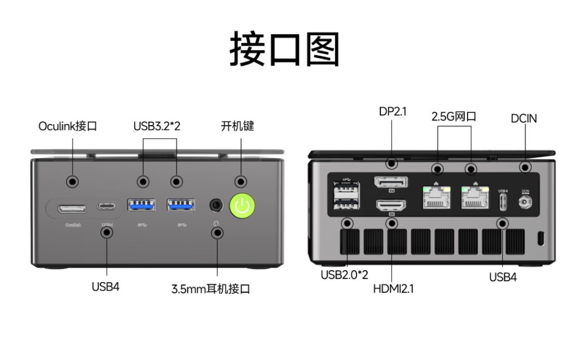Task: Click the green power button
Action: tap(242, 206)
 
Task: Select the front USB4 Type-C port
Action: tap(107, 206)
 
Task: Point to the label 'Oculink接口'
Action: tap(67, 126)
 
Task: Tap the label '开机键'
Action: tap(237, 126)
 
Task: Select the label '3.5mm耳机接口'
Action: tap(210, 289)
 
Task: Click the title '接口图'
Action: tap(284, 49)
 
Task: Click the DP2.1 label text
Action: tap(392, 111)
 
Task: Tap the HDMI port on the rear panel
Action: tap(391, 207)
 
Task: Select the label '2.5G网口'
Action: tap(453, 117)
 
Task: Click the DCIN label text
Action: tap(524, 118)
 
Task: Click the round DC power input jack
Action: tap(524, 202)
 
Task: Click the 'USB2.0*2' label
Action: tap(344, 275)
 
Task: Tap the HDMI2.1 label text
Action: tap(393, 289)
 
